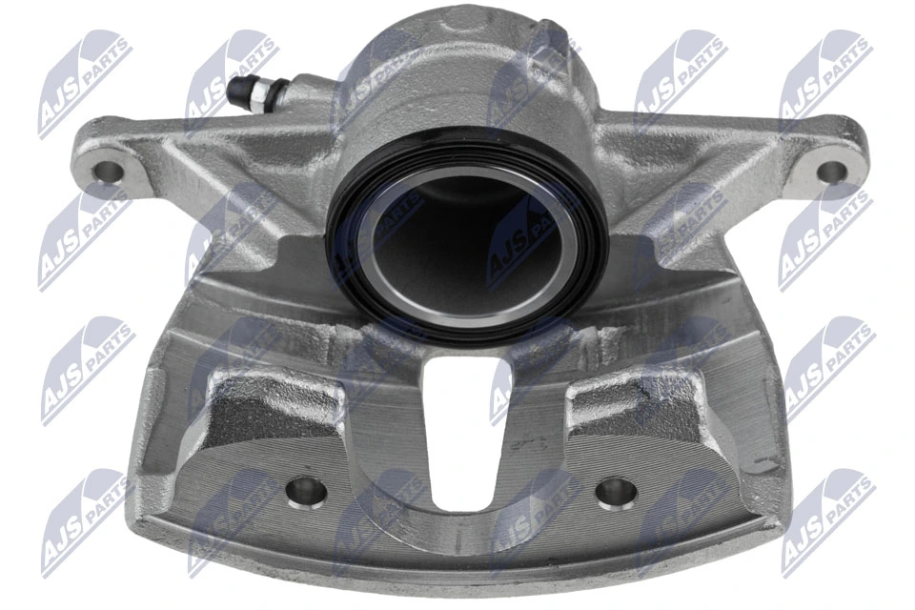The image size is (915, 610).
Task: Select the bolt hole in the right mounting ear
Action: pyautogui.click(x=832, y=172)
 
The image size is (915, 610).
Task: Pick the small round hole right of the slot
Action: pyautogui.click(x=615, y=493)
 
